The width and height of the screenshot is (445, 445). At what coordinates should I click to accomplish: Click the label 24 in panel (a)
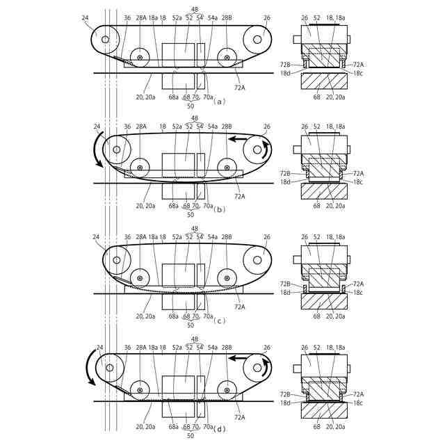coord(85,17)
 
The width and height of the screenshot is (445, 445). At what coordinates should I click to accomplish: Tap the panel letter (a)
coord(219,102)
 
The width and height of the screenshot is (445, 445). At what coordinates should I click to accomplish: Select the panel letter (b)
coord(219,210)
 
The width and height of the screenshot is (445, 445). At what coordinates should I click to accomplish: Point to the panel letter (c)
coord(219,321)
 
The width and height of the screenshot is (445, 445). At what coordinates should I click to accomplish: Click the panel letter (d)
coord(219,429)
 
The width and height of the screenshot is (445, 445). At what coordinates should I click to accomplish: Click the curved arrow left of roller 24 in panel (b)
coord(97,149)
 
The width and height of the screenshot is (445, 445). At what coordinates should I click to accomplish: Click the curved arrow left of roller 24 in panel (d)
coord(90,368)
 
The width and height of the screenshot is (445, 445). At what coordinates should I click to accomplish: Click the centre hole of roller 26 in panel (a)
coord(257,40)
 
